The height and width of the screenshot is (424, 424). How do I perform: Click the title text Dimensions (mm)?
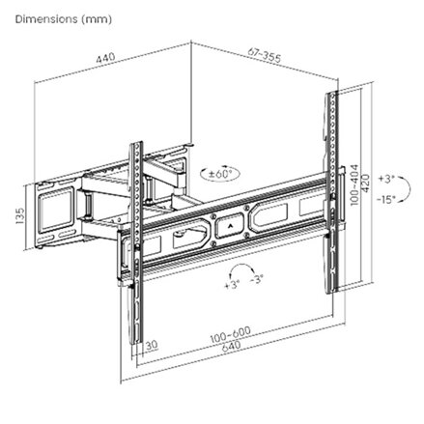click(x=49, y=19)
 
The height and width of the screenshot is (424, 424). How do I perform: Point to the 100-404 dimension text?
click(x=354, y=184)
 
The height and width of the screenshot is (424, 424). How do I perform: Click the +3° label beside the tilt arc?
click(x=387, y=180)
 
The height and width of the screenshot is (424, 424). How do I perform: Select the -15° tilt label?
click(x=388, y=200)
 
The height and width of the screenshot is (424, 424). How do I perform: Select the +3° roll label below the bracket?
click(x=231, y=287)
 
